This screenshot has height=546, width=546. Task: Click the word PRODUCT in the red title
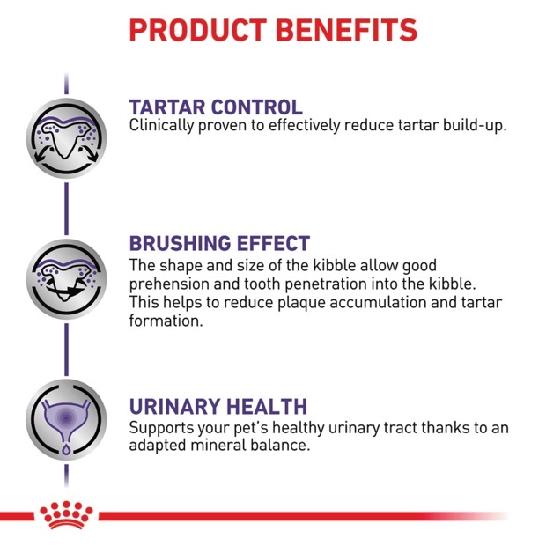tap(198, 30)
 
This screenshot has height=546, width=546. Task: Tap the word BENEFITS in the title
tap(346, 30)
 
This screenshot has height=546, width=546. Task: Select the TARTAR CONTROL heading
tap(216, 107)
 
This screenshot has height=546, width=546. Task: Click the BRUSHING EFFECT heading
tap(219, 243)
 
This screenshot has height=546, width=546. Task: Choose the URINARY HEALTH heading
tap(218, 406)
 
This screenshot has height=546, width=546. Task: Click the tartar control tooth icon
tap(67, 138)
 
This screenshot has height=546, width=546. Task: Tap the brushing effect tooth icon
tap(67, 279)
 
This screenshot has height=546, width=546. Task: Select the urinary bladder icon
tap(67, 419)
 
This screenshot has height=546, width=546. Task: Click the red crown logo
tap(66, 515)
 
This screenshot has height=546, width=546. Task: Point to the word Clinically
tap(161, 126)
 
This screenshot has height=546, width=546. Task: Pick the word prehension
tap(169, 284)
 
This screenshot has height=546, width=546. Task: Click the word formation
tap(166, 321)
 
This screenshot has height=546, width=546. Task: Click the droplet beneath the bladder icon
tap(66, 449)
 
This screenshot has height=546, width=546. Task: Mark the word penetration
tap(326, 284)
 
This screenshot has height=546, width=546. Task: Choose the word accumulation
tap(378, 302)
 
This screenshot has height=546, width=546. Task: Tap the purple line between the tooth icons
tap(67, 209)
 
